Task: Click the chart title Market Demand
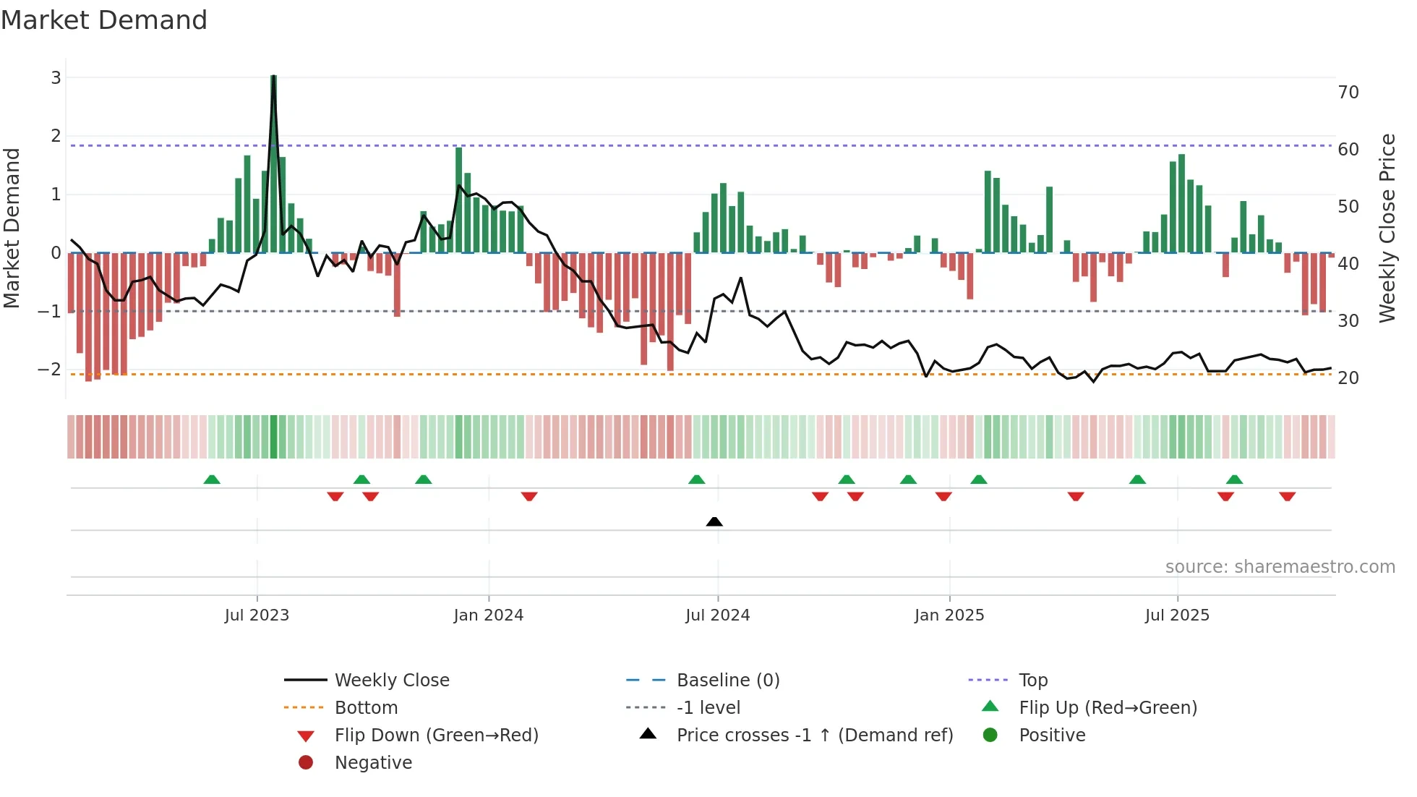click(104, 20)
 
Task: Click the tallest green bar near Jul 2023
click(273, 163)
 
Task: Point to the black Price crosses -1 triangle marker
click(714, 521)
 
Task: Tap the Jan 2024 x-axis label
click(488, 615)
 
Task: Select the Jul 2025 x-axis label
click(1177, 615)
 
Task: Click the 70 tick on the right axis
click(1348, 93)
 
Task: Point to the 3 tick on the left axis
click(56, 77)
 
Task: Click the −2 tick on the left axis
click(50, 370)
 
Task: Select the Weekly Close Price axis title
click(1387, 228)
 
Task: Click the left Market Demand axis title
click(12, 228)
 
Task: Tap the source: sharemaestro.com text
click(1280, 567)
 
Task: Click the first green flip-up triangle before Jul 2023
click(212, 480)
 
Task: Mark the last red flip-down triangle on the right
click(1287, 496)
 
